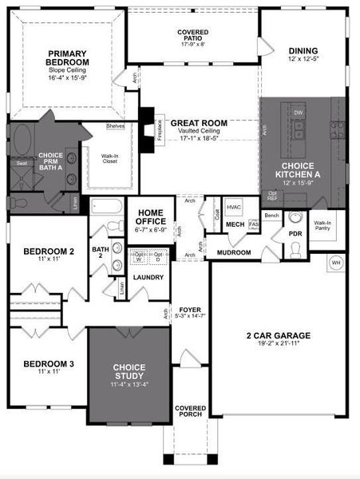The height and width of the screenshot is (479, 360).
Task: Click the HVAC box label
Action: [234, 206]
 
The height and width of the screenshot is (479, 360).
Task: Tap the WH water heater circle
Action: [335, 262]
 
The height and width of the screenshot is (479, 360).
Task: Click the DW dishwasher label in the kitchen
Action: [299, 113]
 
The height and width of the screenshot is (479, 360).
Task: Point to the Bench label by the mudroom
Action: [271, 216]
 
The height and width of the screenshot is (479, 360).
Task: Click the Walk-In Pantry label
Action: [322, 227]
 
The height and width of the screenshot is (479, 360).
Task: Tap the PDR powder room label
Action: [295, 234]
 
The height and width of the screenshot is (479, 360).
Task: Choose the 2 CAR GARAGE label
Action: [279, 335]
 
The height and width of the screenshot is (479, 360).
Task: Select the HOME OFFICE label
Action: [150, 218]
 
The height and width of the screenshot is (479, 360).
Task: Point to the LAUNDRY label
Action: [148, 277]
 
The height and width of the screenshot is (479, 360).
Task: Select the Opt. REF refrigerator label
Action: [272, 195]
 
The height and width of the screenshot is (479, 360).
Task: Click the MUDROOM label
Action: [234, 252]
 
